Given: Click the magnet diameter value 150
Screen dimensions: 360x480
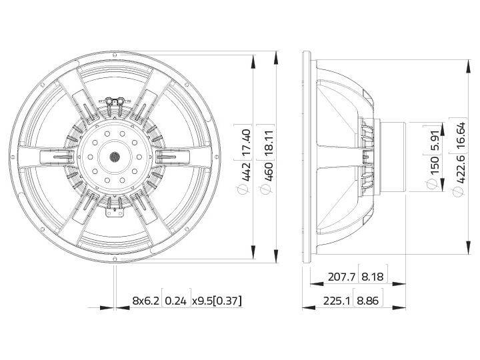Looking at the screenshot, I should tap(434, 163).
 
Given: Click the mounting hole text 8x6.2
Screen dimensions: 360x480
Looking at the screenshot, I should tap(146, 301).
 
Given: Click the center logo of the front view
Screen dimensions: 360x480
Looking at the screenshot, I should tap(113, 158).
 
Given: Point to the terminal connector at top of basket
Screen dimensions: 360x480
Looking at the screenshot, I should tap(114, 101).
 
